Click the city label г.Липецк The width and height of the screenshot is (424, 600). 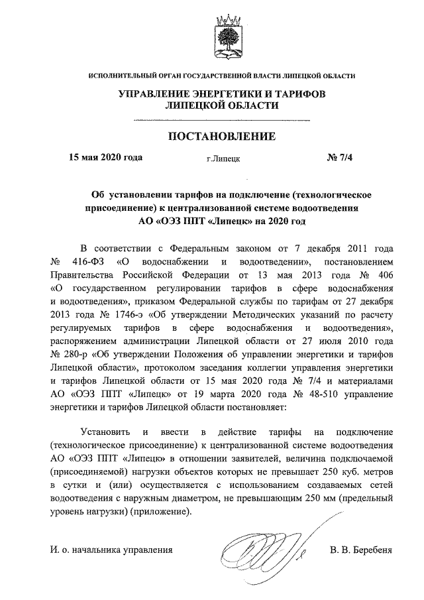point(223,159)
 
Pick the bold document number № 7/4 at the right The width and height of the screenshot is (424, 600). point(341,158)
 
